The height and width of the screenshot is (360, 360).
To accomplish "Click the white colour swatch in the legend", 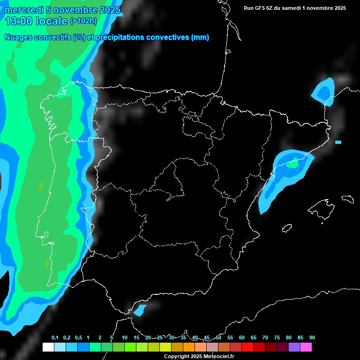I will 48,347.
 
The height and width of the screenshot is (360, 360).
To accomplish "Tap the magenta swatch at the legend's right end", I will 306,347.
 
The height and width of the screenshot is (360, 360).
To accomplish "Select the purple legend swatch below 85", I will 294,347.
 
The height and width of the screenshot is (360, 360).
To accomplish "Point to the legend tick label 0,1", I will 55,338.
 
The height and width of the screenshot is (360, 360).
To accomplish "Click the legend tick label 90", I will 312,338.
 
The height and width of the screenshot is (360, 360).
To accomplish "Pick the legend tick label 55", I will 230,338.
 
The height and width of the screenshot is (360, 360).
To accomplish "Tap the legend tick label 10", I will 124,338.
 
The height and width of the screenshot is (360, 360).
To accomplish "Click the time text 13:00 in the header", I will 19,21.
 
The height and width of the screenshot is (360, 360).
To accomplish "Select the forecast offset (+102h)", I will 83,21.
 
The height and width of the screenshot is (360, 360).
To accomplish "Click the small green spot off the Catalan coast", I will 293,164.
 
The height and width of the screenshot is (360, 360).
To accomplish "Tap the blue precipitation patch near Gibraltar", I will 140,310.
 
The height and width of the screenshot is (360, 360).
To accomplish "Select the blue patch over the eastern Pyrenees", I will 323,90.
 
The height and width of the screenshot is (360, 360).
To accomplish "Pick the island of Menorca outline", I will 347,199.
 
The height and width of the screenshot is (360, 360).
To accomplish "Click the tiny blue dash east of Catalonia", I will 338,142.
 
